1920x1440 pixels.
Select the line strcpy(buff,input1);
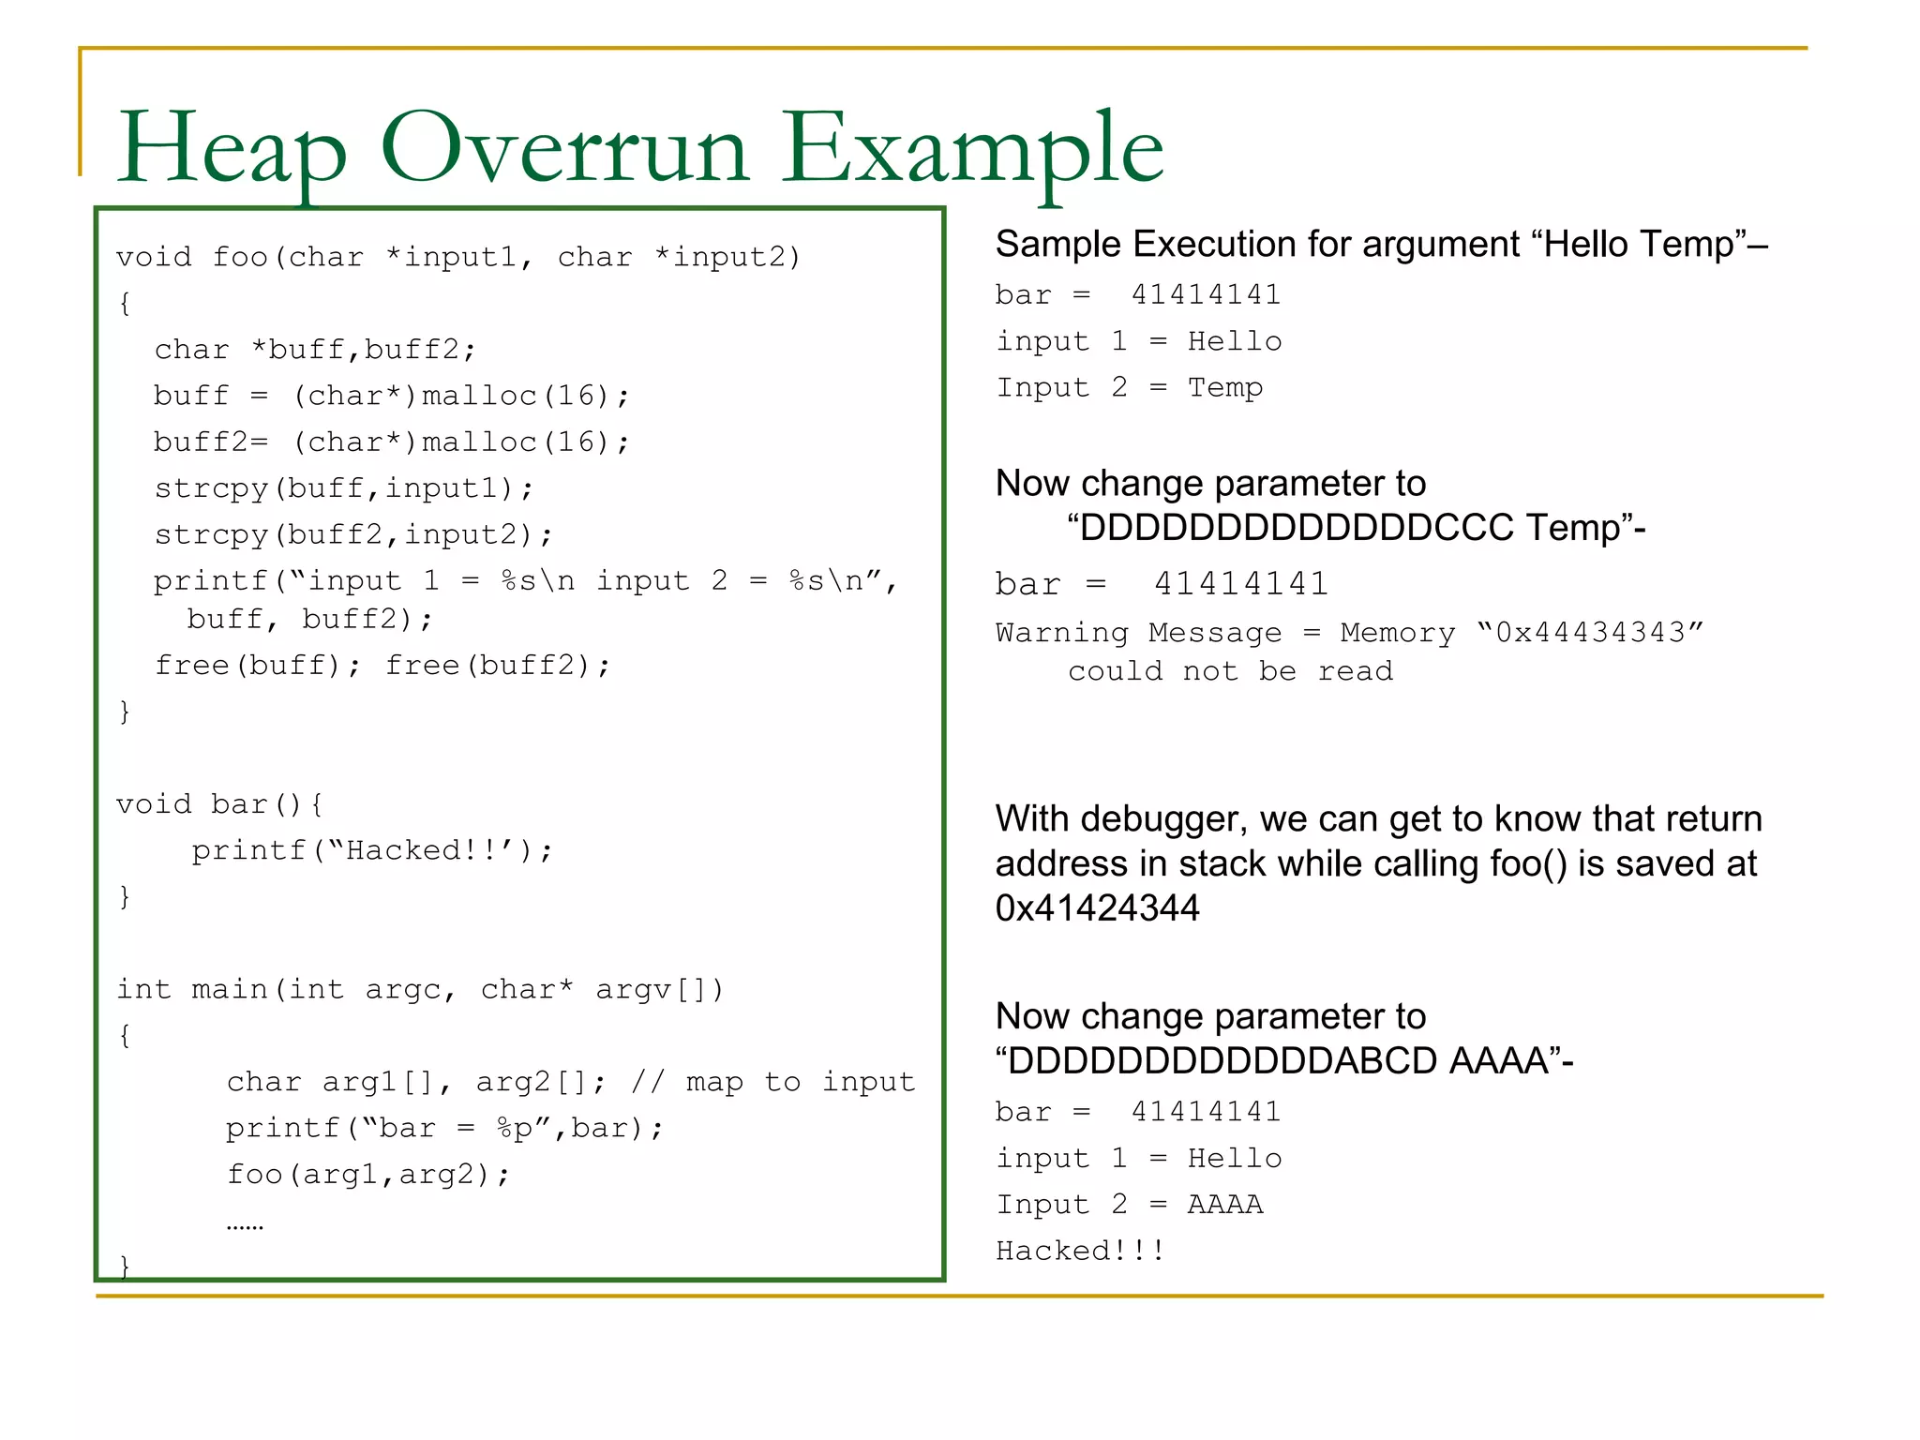[344, 488]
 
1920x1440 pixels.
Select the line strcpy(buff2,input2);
[353, 534]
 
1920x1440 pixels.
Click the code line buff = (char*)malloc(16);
[392, 396]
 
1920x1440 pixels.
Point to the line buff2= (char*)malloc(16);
[392, 442]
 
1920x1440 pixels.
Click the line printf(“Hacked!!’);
[372, 850]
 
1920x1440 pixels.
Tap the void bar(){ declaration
[220, 804]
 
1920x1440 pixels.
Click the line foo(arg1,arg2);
[368, 1174]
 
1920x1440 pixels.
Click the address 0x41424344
[1097, 907]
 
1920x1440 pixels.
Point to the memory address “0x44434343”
[1590, 633]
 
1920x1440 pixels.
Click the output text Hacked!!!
[1080, 1251]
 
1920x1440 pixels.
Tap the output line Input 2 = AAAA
[1130, 1204]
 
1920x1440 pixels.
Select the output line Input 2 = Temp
[1130, 387]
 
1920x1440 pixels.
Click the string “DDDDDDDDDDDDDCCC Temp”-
[1356, 528]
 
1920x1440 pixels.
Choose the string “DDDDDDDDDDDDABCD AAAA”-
[1284, 1061]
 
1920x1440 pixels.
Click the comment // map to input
[773, 1082]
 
